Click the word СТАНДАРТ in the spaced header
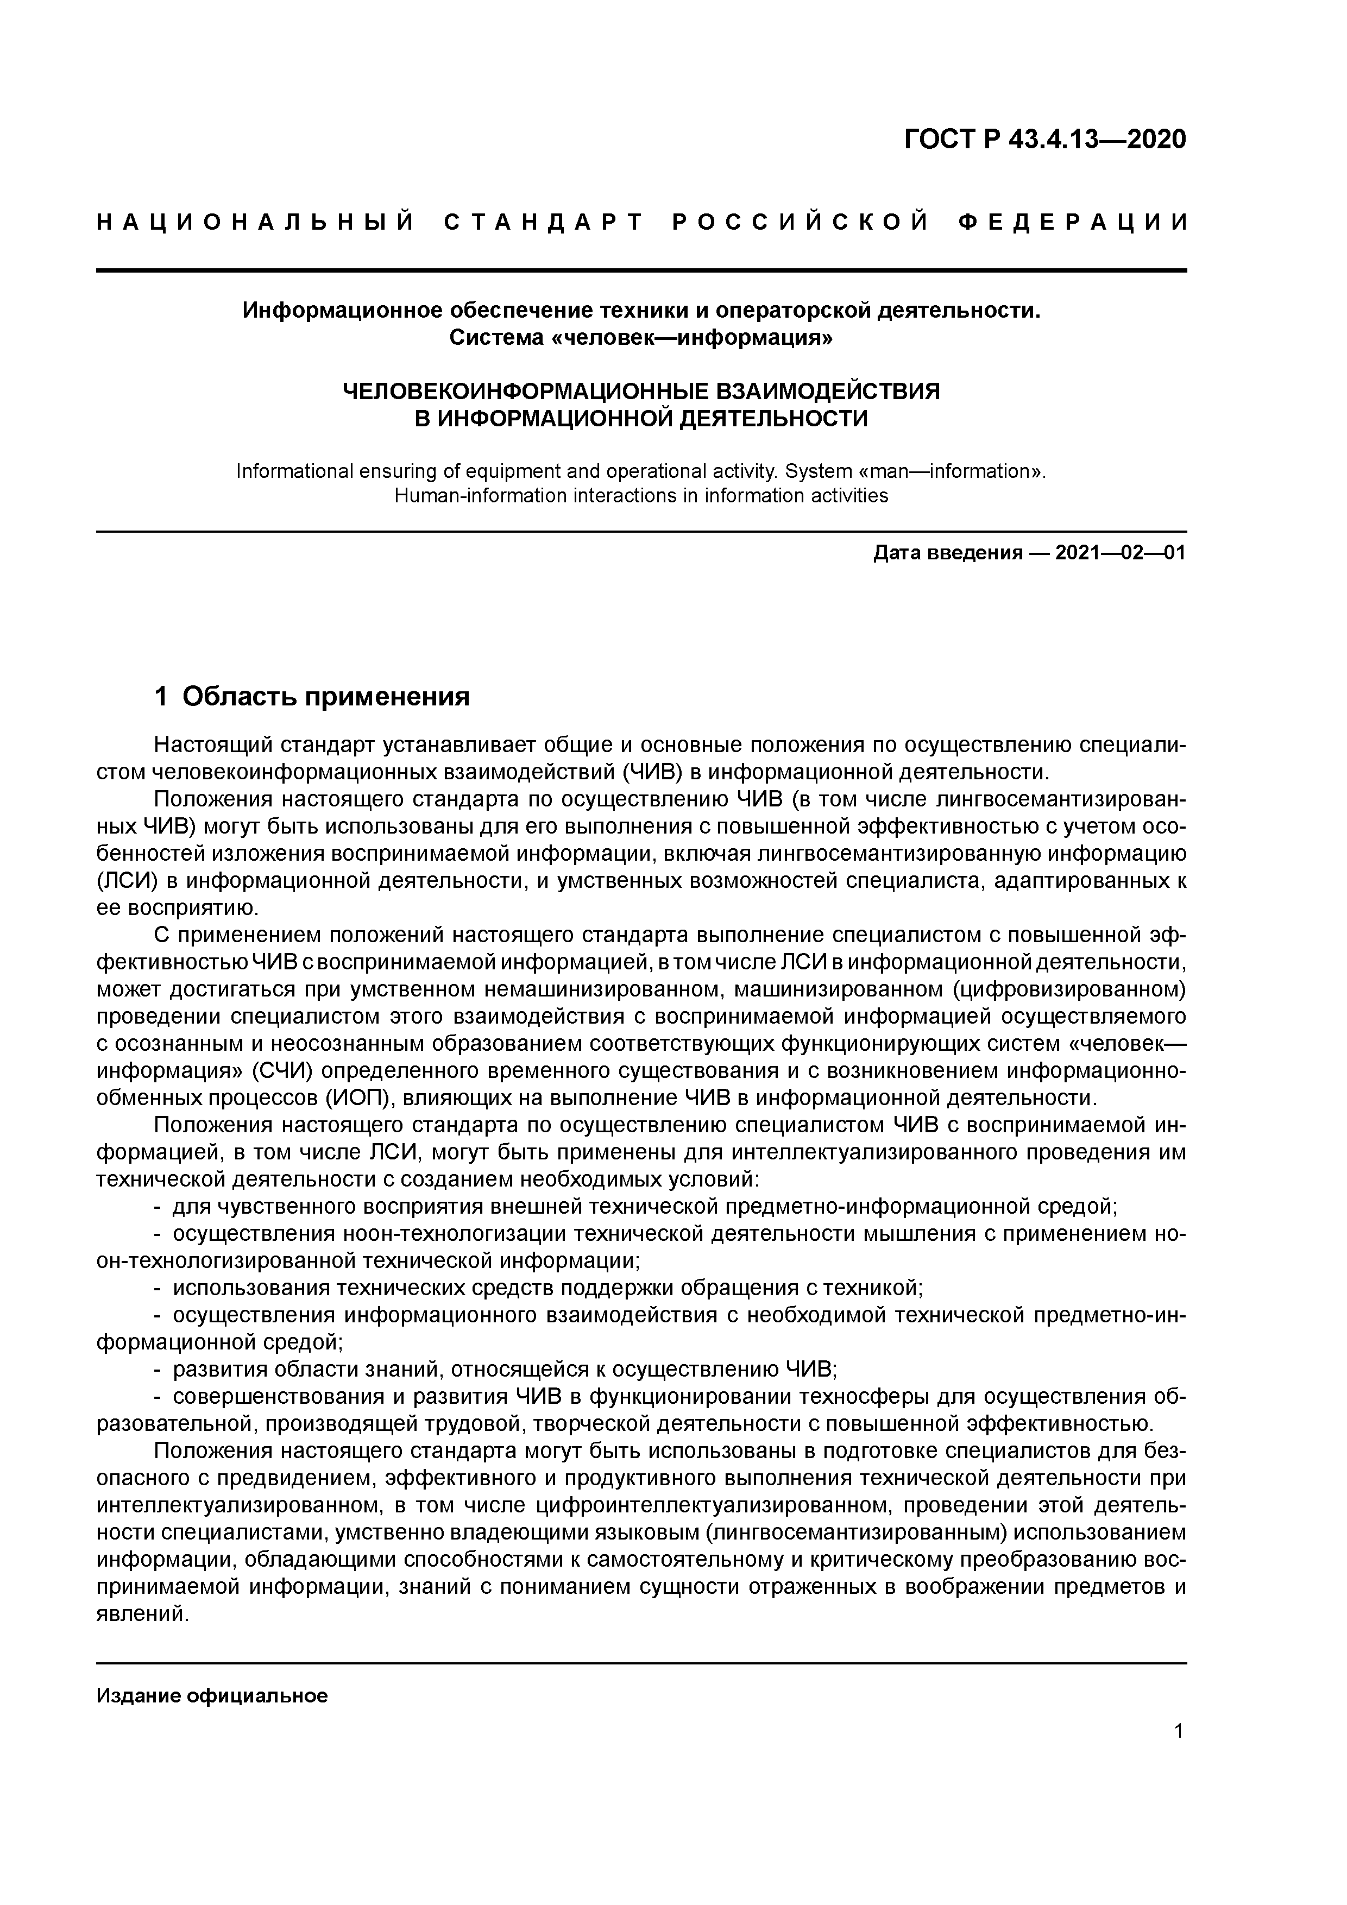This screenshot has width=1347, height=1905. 544,222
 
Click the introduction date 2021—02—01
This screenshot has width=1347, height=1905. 1121,553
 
